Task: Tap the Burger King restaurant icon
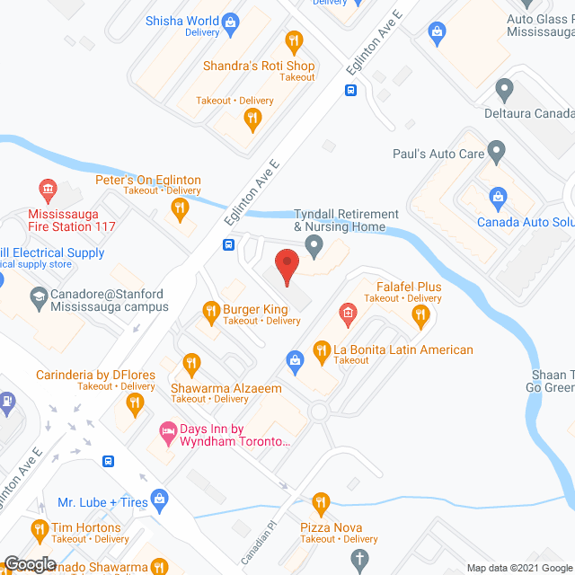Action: (x=212, y=311)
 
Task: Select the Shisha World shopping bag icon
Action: (x=231, y=21)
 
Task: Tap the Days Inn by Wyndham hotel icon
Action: (x=167, y=431)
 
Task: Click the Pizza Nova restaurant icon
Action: (x=320, y=502)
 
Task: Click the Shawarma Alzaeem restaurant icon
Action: (x=190, y=364)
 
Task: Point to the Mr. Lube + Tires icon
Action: (x=159, y=497)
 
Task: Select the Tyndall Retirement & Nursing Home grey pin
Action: (x=314, y=244)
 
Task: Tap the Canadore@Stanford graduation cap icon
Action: (x=40, y=295)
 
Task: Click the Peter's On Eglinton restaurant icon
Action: (x=181, y=211)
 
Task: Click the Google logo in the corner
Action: (x=29, y=563)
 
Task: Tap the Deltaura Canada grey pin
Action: (x=504, y=91)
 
